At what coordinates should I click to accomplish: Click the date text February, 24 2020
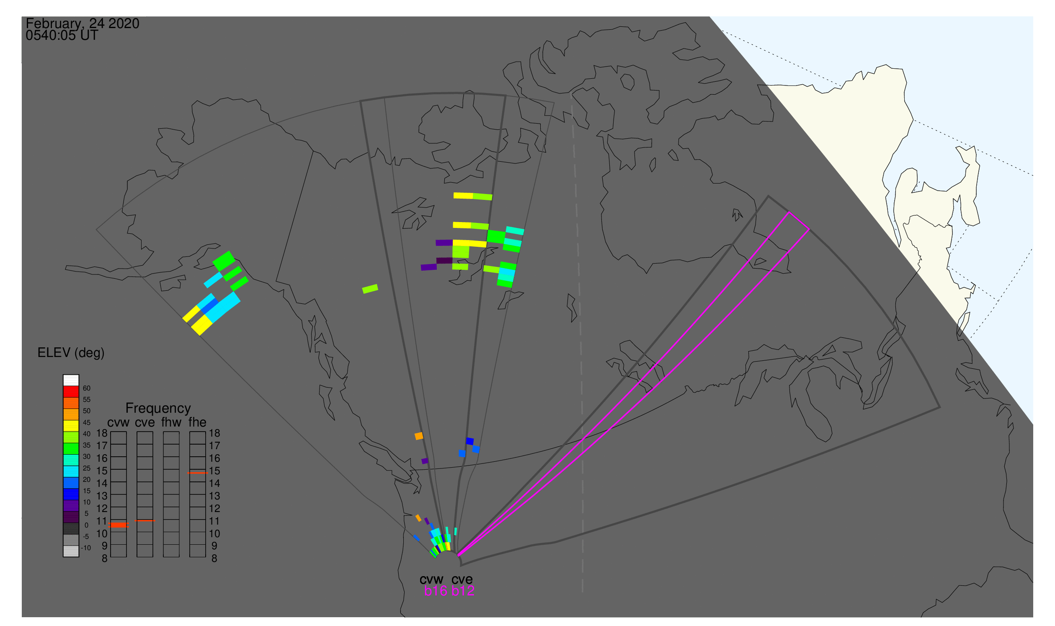(82, 23)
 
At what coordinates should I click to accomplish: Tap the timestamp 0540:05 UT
(62, 36)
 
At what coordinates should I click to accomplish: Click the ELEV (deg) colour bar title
(71, 353)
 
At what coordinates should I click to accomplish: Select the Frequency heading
(158, 409)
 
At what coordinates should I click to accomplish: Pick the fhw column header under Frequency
(171, 423)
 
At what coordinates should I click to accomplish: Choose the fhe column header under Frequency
(197, 423)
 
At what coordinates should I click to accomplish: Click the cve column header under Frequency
(145, 423)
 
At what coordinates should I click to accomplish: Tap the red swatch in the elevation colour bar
(71, 392)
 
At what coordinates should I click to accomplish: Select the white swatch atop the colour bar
(71, 380)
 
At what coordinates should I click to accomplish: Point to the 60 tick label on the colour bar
(86, 388)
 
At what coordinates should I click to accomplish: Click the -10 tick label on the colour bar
(85, 548)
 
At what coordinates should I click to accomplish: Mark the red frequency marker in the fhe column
(197, 473)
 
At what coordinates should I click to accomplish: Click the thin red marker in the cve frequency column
(144, 521)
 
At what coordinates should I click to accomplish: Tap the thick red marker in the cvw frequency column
(119, 525)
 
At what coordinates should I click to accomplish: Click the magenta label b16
(436, 591)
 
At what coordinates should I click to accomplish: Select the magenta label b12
(463, 591)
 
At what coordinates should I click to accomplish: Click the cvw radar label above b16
(431, 579)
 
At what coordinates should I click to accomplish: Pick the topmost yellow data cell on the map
(463, 196)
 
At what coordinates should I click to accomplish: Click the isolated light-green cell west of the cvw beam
(370, 289)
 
